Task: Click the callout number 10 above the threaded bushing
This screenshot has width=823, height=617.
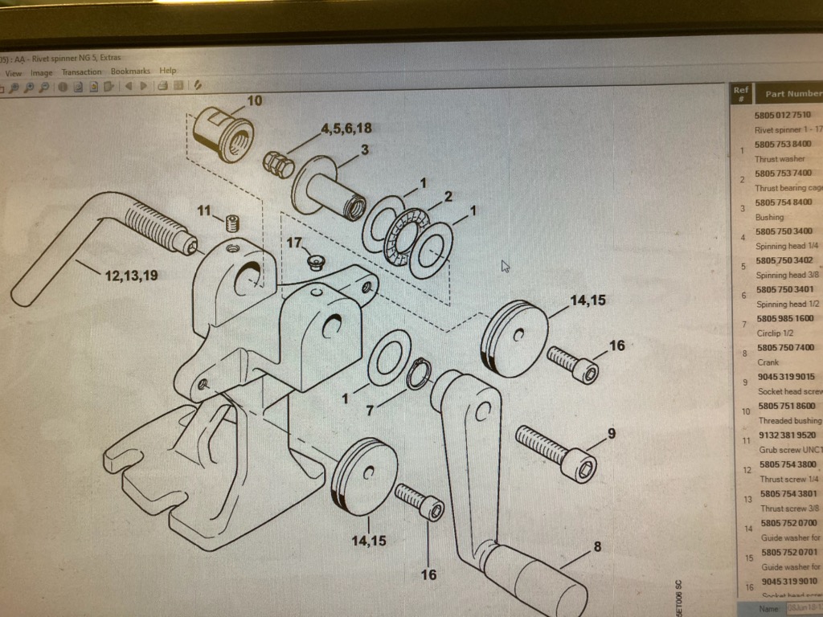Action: point(254,101)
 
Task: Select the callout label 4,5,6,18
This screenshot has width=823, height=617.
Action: point(346,129)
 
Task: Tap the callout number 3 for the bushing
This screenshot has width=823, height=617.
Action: point(364,150)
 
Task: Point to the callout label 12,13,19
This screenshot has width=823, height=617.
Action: point(131,276)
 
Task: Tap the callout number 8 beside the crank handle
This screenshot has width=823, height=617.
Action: point(596,548)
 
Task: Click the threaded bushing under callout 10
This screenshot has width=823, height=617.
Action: point(225,133)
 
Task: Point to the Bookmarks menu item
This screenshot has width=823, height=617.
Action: point(130,72)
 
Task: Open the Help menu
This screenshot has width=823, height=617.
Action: point(167,71)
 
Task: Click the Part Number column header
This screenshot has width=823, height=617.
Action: point(792,94)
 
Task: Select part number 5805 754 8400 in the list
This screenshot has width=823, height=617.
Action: point(784,202)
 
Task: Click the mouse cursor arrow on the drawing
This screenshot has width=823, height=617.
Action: point(505,266)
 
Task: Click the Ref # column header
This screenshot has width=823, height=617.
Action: point(741,94)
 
